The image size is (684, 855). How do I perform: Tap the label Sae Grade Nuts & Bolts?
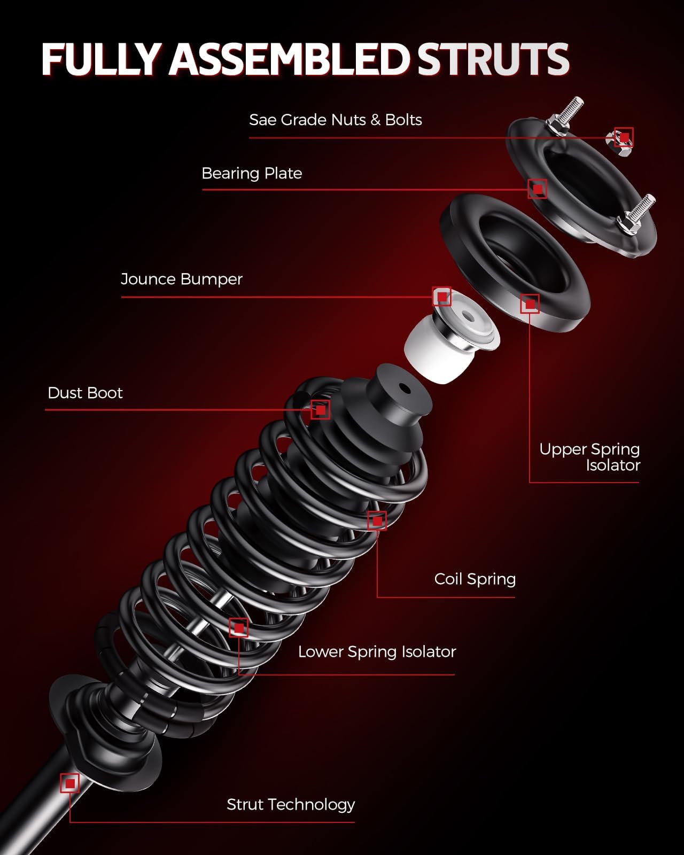click(335, 120)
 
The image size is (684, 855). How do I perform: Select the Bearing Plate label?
click(252, 173)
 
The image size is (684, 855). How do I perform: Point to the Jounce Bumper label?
click(181, 279)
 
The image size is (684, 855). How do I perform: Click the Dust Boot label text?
click(85, 393)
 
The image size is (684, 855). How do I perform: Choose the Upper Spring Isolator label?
click(589, 457)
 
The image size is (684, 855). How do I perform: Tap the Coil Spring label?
click(475, 579)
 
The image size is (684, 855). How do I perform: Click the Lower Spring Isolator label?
click(377, 651)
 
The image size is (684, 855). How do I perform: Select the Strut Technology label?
click(291, 804)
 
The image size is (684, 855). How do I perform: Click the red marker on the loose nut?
click(624, 137)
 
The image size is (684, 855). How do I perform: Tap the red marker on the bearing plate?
click(538, 189)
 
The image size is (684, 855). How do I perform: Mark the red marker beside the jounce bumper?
click(442, 297)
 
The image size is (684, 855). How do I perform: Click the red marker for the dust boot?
click(321, 410)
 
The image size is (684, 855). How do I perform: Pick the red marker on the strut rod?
click(70, 783)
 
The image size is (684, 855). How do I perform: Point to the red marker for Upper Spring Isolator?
click(530, 304)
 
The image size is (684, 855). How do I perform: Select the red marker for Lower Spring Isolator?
click(239, 628)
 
